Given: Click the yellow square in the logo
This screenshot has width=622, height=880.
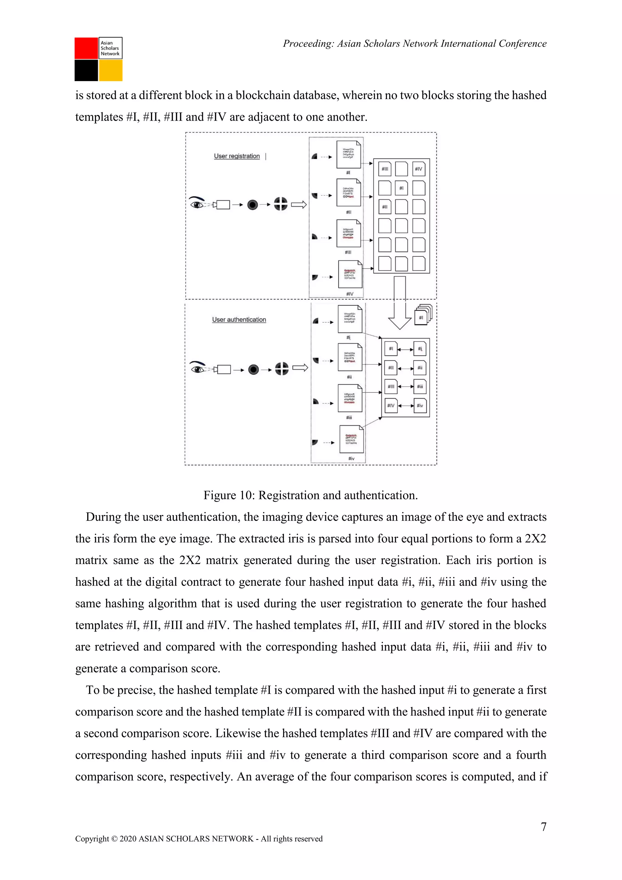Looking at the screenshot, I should coord(111,70).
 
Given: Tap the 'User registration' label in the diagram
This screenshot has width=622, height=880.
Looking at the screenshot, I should coord(237,156).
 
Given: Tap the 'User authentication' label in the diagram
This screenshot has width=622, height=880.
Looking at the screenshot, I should coord(239,320).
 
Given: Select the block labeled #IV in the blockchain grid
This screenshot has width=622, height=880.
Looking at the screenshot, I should coord(419,169).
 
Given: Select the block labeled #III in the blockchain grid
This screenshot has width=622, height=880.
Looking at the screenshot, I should coord(384,169).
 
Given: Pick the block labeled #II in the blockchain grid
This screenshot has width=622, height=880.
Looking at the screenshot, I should coord(384,207).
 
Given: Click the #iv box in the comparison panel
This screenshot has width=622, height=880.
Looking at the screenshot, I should coord(420,405).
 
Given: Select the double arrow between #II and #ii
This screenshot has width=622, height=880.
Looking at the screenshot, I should coord(405,368).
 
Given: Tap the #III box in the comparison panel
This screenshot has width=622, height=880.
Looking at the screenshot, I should coord(391,387).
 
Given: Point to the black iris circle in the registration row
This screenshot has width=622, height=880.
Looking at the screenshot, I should coord(252,205).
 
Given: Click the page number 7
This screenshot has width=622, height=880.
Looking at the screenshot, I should coord(543,827).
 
